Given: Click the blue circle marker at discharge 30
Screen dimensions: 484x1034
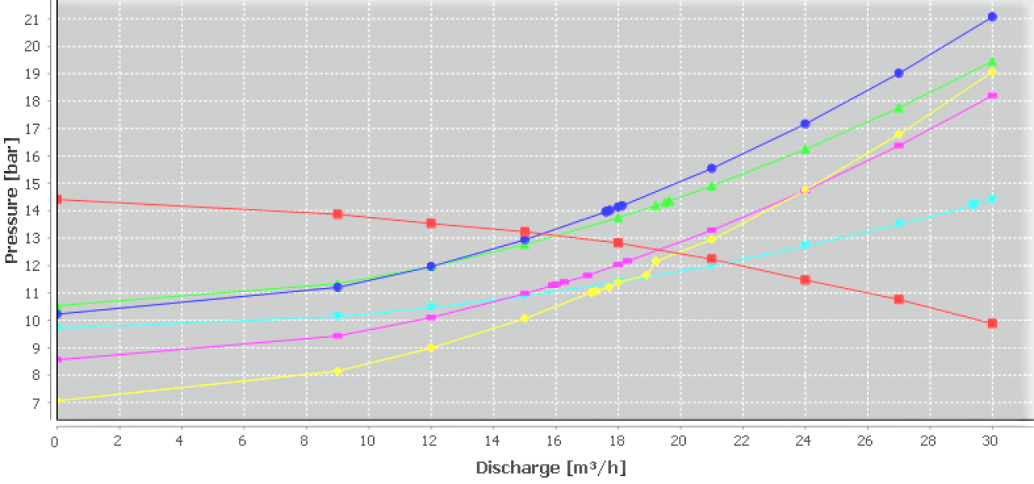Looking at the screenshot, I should [x=992, y=17].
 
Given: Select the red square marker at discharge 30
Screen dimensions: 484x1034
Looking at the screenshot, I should [x=992, y=323].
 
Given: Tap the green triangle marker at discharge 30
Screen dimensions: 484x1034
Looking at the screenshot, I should [x=992, y=62].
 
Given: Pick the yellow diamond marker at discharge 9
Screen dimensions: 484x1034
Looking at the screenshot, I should [x=338, y=371].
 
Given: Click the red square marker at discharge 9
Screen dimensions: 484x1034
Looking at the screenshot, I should [x=338, y=214].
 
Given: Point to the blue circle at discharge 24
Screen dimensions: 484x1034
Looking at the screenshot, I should [x=805, y=124].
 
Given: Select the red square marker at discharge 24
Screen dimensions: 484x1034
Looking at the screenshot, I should [x=805, y=280].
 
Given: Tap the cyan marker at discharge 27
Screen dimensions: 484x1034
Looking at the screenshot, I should [x=899, y=224].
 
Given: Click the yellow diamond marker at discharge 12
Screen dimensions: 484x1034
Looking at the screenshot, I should [x=431, y=348].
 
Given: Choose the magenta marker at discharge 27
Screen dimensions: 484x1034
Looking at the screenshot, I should [x=899, y=145].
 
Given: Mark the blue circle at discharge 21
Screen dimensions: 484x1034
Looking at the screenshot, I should [x=712, y=169].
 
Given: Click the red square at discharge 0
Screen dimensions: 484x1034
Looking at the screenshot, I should [x=57, y=199].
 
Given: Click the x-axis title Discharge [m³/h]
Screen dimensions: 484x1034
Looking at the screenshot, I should [x=550, y=468].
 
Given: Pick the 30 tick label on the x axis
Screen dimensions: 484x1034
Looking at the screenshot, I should [x=992, y=441].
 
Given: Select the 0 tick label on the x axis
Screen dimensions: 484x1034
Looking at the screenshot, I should [x=56, y=441].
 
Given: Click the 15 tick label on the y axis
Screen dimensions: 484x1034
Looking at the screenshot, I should [x=33, y=183].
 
